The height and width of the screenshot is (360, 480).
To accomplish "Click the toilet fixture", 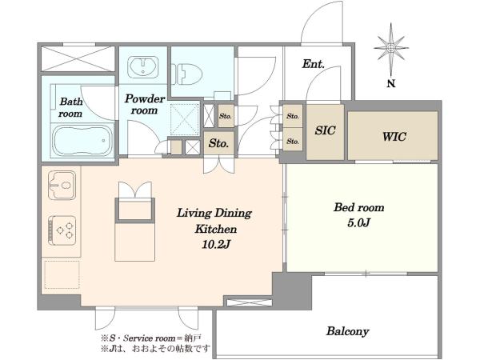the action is [187, 74].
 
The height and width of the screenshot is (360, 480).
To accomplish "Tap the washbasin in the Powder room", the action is [142, 67].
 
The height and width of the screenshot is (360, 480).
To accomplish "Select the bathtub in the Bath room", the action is [83, 141].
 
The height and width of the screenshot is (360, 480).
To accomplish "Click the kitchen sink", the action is [62, 186].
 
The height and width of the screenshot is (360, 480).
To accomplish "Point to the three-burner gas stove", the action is [62, 230].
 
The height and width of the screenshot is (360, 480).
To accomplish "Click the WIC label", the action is [394, 137].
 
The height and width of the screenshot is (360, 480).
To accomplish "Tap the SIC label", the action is [325, 130].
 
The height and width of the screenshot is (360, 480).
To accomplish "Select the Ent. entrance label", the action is [313, 64].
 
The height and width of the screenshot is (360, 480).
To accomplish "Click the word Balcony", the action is [347, 331].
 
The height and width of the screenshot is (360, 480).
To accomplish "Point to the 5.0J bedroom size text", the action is [358, 223].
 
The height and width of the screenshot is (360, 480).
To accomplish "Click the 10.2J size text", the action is [215, 244].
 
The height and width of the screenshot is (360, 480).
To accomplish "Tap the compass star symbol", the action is [391, 48].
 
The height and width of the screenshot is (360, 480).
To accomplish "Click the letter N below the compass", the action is [391, 83].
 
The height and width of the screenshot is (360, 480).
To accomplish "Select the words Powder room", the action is [145, 104].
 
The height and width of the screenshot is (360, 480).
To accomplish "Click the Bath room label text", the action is [70, 107].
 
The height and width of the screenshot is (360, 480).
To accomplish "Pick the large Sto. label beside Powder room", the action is [218, 143].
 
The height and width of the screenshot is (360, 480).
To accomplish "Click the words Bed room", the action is [358, 207].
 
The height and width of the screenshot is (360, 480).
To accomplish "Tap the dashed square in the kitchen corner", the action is [62, 274].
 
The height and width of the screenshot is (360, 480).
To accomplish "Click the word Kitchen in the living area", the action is [216, 229].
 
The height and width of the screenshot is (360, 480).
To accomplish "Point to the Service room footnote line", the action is [151, 338].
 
